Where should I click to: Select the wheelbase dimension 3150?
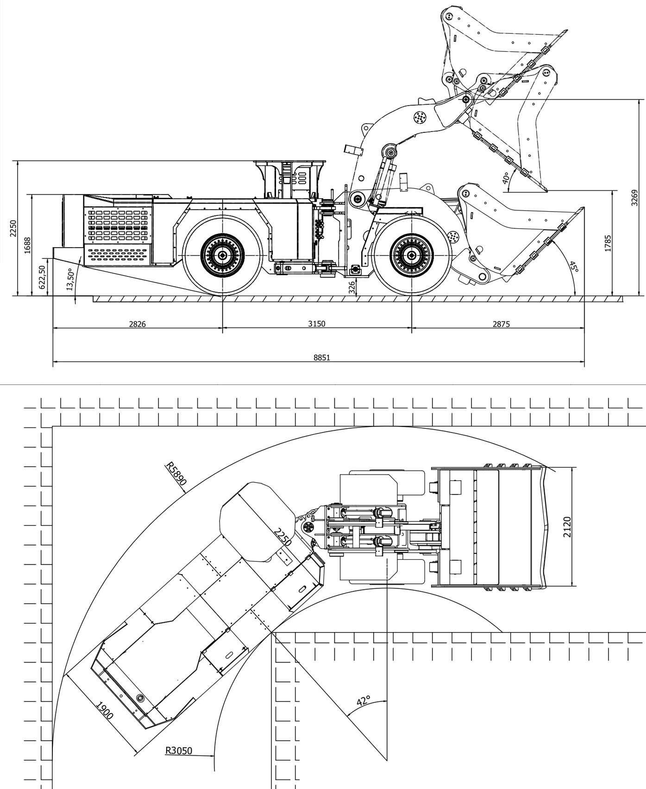click(317, 324)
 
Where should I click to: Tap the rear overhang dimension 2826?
click(137, 324)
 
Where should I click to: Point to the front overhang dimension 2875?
click(501, 324)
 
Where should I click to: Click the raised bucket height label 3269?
click(634, 198)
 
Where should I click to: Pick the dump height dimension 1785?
click(608, 244)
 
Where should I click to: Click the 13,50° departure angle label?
click(70, 279)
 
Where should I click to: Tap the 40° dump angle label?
click(506, 177)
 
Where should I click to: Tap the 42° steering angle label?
click(364, 700)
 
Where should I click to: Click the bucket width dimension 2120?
click(567, 526)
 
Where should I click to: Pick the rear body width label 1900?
click(105, 710)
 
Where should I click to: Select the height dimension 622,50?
click(43, 277)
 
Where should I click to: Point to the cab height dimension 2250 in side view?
click(13, 228)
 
